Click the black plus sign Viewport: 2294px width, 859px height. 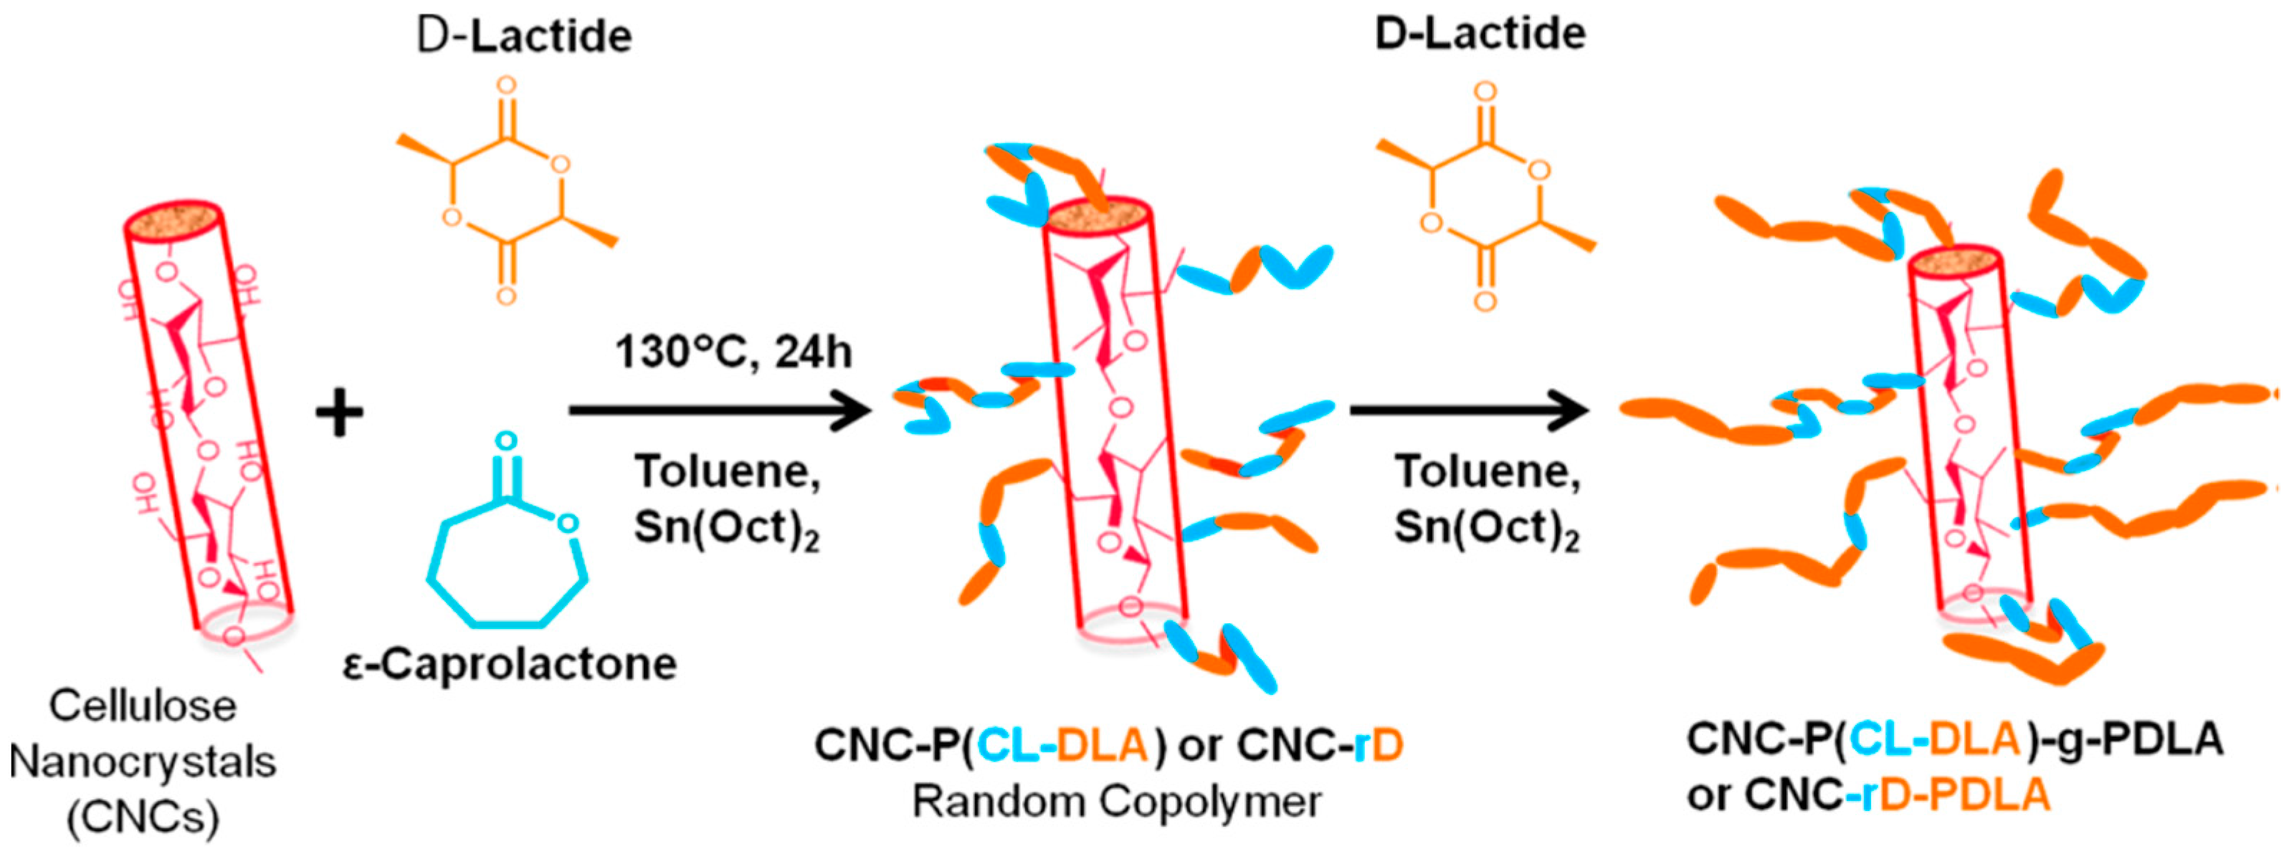tap(339, 416)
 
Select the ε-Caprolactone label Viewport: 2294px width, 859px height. tap(510, 665)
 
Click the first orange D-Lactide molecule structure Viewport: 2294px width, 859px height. tap(506, 191)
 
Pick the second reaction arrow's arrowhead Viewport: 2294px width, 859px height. tap(1572, 411)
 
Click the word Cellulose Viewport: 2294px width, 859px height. tap(143, 707)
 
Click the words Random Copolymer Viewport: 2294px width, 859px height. tap(1117, 801)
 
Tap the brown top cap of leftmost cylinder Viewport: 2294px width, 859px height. tap(173, 221)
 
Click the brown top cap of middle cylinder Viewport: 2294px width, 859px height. tap(1097, 218)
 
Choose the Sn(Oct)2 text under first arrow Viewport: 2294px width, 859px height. tap(727, 529)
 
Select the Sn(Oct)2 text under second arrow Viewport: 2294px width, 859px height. tap(1486, 529)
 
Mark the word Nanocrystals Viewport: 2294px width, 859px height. tap(143, 762)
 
